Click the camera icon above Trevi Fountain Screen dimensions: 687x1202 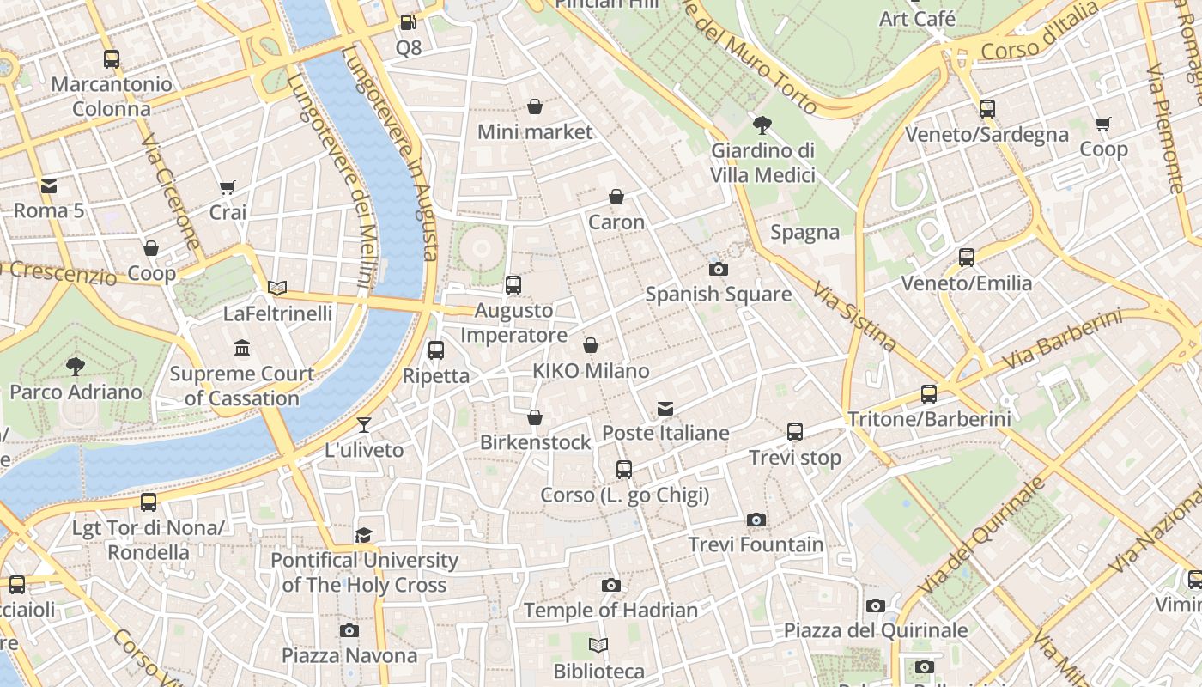click(x=756, y=520)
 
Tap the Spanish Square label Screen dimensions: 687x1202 click(x=718, y=295)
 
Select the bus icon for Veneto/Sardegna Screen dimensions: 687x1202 click(x=987, y=109)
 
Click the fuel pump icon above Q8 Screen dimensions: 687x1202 click(x=409, y=22)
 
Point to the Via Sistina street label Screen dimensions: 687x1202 click(x=855, y=317)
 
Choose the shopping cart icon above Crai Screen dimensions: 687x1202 click(x=228, y=187)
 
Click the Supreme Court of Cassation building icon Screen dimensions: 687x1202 click(x=242, y=349)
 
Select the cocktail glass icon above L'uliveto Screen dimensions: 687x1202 click(x=364, y=424)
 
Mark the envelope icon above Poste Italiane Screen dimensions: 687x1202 click(x=665, y=408)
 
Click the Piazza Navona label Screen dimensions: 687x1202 click(x=349, y=656)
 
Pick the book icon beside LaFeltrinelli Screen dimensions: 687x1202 click(x=276, y=288)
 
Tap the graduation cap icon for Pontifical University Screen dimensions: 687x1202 click(x=364, y=536)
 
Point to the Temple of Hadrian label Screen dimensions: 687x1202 click(x=610, y=611)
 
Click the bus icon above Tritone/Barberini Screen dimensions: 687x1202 click(x=929, y=394)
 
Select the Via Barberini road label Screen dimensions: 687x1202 click(x=1061, y=340)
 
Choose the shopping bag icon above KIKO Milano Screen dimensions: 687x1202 click(x=591, y=345)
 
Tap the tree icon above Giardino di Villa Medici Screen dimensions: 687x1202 click(x=762, y=125)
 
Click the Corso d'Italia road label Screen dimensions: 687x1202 click(x=1039, y=33)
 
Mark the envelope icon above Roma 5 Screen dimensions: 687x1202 click(x=48, y=185)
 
